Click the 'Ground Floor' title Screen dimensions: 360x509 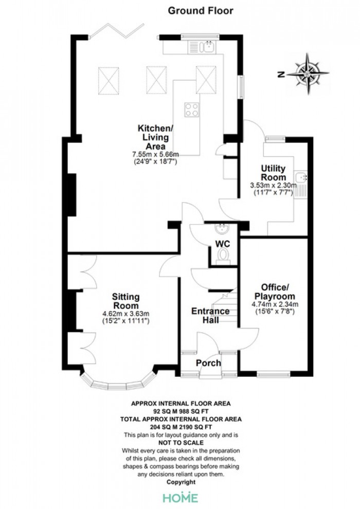click(200, 11)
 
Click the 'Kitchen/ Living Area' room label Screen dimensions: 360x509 click(155, 137)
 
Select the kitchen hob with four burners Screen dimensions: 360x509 click(192, 110)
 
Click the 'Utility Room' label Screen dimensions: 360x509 click(273, 173)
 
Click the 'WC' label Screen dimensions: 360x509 click(223, 244)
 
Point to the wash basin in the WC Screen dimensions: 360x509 click(223, 229)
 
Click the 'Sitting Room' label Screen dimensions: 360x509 click(125, 301)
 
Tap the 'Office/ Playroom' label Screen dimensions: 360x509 click(275, 292)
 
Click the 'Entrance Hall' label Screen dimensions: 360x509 click(210, 315)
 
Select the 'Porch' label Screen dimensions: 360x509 click(208, 362)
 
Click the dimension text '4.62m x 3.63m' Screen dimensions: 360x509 click(125, 314)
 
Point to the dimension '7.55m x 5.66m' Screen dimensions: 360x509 click(155, 154)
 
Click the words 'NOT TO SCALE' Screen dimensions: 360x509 click(181, 443)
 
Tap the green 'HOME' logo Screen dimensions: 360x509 click(181, 498)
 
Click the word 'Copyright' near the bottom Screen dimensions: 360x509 click(181, 482)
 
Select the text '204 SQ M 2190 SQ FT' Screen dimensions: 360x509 click(181, 427)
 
